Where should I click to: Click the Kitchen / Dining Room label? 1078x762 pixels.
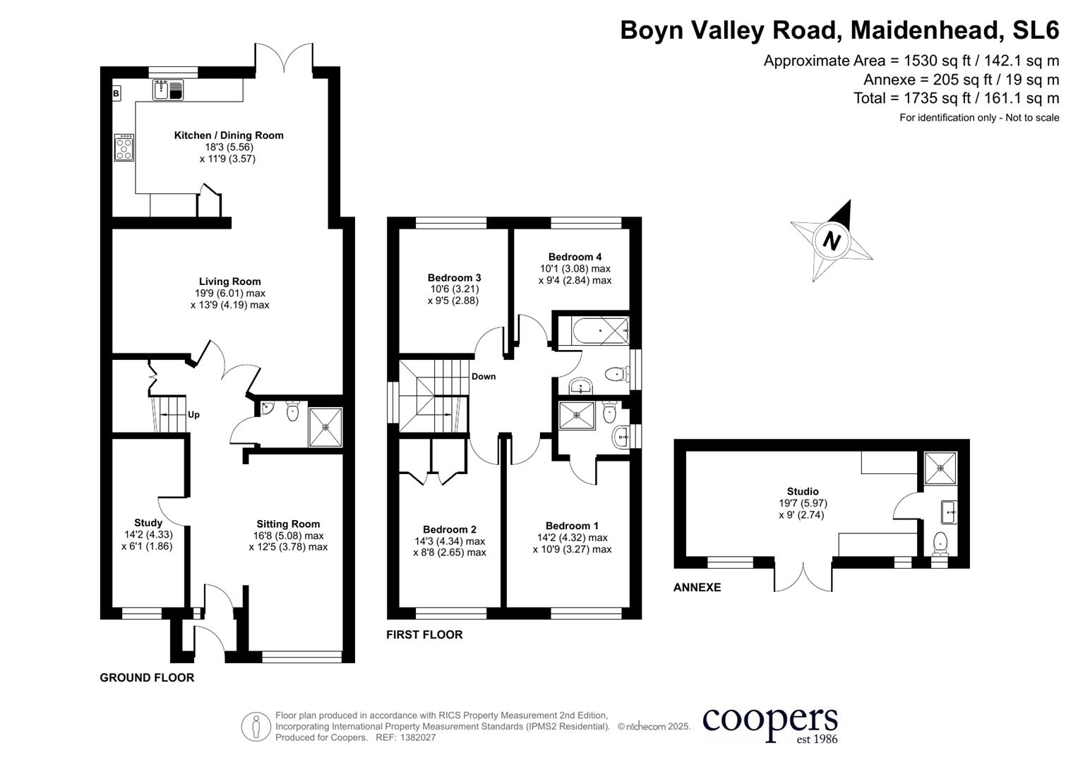click(x=229, y=135)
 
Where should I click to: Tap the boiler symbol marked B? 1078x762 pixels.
click(x=116, y=93)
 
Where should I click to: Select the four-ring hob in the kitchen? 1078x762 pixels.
click(x=124, y=147)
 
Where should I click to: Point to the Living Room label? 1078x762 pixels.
click(x=229, y=282)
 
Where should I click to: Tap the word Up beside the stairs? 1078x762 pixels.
click(x=193, y=415)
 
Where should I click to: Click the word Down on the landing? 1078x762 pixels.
click(x=484, y=377)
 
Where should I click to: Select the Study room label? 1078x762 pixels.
click(x=148, y=523)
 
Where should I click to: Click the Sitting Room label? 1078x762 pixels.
click(x=288, y=524)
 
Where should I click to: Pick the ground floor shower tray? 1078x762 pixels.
click(x=325, y=427)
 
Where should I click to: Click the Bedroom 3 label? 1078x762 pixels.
click(x=454, y=278)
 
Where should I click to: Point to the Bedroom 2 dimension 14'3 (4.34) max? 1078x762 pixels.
click(x=450, y=541)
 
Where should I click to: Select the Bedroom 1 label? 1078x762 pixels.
click(x=572, y=526)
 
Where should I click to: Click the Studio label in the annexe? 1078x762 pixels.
click(x=803, y=492)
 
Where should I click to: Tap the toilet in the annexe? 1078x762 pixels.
click(x=940, y=543)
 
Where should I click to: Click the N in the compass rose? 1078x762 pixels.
click(x=832, y=241)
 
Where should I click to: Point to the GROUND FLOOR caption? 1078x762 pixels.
click(x=147, y=678)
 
